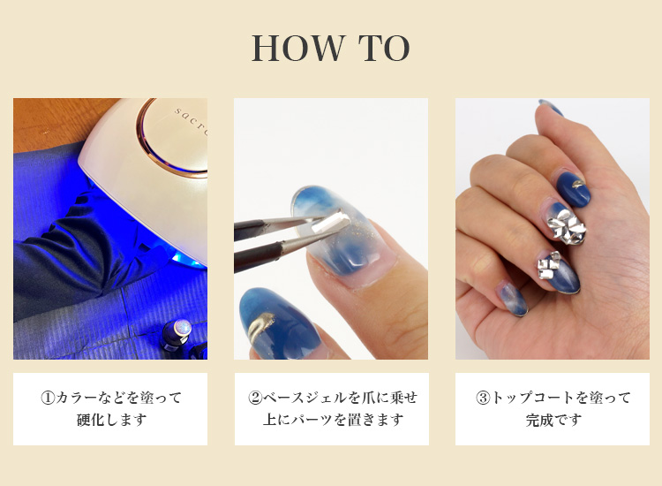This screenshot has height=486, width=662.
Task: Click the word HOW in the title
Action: (298, 49)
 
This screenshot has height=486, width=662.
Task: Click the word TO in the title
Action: (384, 49)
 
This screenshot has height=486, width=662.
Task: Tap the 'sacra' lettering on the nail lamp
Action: (191, 122)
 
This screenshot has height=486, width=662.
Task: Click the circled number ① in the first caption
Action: (48, 398)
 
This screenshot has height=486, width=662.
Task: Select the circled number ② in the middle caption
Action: (255, 398)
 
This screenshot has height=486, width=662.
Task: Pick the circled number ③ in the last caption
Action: (483, 398)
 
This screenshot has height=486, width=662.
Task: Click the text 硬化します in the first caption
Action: (111, 420)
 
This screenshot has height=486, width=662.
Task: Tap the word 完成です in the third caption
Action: (553, 420)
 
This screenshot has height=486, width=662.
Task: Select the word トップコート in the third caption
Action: (534, 398)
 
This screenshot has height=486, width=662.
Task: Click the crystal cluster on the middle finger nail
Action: (566, 225)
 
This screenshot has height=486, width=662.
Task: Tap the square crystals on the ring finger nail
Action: (548, 264)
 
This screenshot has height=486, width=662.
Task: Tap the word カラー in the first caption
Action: (77, 398)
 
